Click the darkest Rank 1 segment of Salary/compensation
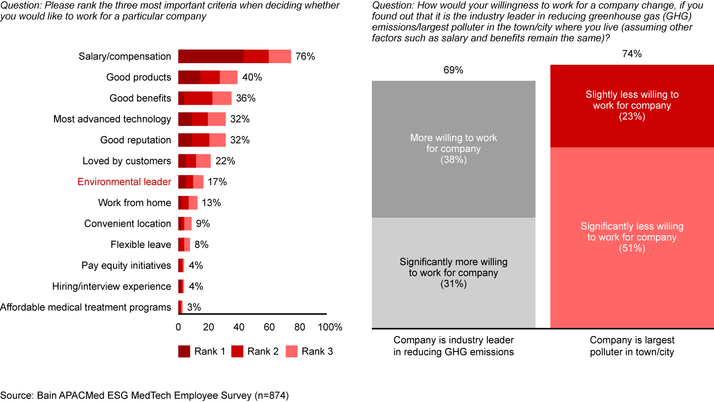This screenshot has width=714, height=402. [x=211, y=56]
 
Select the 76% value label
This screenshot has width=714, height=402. [x=305, y=56]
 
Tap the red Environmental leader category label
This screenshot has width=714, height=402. [x=124, y=182]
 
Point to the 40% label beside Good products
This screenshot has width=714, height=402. [x=252, y=77]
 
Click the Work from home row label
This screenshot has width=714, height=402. [x=134, y=202]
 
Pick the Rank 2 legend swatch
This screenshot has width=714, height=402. [x=238, y=351]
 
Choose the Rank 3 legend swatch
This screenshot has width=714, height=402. [x=292, y=351]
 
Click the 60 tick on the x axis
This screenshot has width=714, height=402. [x=269, y=328]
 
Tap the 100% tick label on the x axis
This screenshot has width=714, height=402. [x=330, y=328]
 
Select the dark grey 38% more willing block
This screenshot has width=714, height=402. [x=454, y=149]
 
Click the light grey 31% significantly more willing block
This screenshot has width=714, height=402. [x=454, y=273]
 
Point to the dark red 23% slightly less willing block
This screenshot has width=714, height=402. [x=632, y=105]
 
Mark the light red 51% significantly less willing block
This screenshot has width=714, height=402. [x=632, y=238]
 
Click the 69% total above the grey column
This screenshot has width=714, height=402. [x=453, y=70]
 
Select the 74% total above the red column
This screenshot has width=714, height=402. [x=632, y=54]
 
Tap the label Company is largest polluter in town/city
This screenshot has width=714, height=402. [x=632, y=346]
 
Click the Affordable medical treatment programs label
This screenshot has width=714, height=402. [x=86, y=307]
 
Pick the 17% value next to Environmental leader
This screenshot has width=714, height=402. [x=217, y=182]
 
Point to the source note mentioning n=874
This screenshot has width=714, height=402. [x=144, y=395]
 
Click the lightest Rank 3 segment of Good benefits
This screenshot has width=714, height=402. [x=222, y=98]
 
